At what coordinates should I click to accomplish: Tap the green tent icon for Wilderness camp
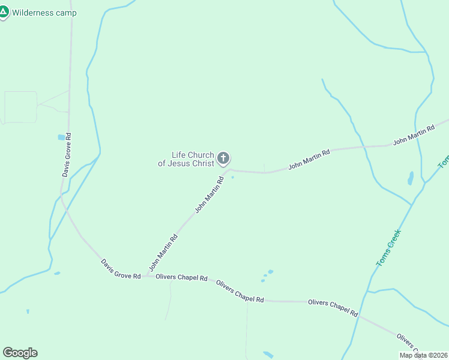pyautogui.click(x=4, y=11)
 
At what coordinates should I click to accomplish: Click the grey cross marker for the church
pyautogui.click(x=223, y=159)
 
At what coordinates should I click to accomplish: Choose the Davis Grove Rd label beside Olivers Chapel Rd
pyautogui.click(x=120, y=269)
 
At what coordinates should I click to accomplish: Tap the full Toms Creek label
pyautogui.click(x=388, y=247)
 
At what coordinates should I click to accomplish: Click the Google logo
pyautogui.click(x=20, y=353)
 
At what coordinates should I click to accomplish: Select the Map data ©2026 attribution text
pyautogui.click(x=423, y=355)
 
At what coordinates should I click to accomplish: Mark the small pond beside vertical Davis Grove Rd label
pyautogui.click(x=61, y=137)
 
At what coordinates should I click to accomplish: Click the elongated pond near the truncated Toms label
pyautogui.click(x=411, y=178)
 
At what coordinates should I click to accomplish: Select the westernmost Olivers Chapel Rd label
pyautogui.click(x=181, y=278)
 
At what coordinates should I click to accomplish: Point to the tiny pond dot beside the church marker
pyautogui.click(x=233, y=177)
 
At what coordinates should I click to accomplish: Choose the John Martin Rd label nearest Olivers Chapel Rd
pyautogui.click(x=163, y=250)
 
